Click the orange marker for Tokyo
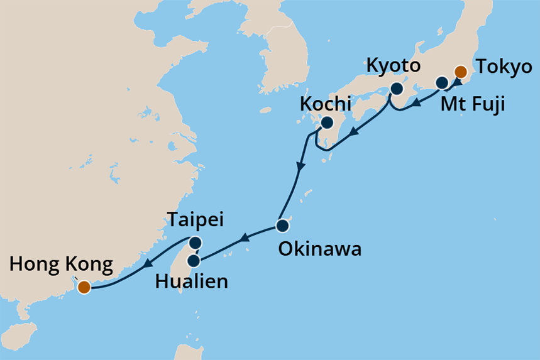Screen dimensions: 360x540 [461, 72]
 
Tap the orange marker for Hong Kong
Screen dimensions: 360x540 [84, 288]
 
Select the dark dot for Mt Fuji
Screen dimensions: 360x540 [442, 82]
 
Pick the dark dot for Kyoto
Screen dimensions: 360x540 [397, 89]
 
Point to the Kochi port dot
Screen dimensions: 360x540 [327, 123]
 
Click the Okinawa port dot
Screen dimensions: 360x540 [282, 225]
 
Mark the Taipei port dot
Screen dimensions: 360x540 [196, 243]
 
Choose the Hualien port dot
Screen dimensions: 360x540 [194, 260]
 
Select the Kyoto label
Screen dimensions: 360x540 [394, 66]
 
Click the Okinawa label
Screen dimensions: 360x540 [320, 249]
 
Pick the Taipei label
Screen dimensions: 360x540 [196, 221]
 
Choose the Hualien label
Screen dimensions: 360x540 [191, 280]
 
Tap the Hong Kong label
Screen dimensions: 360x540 [62, 265]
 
